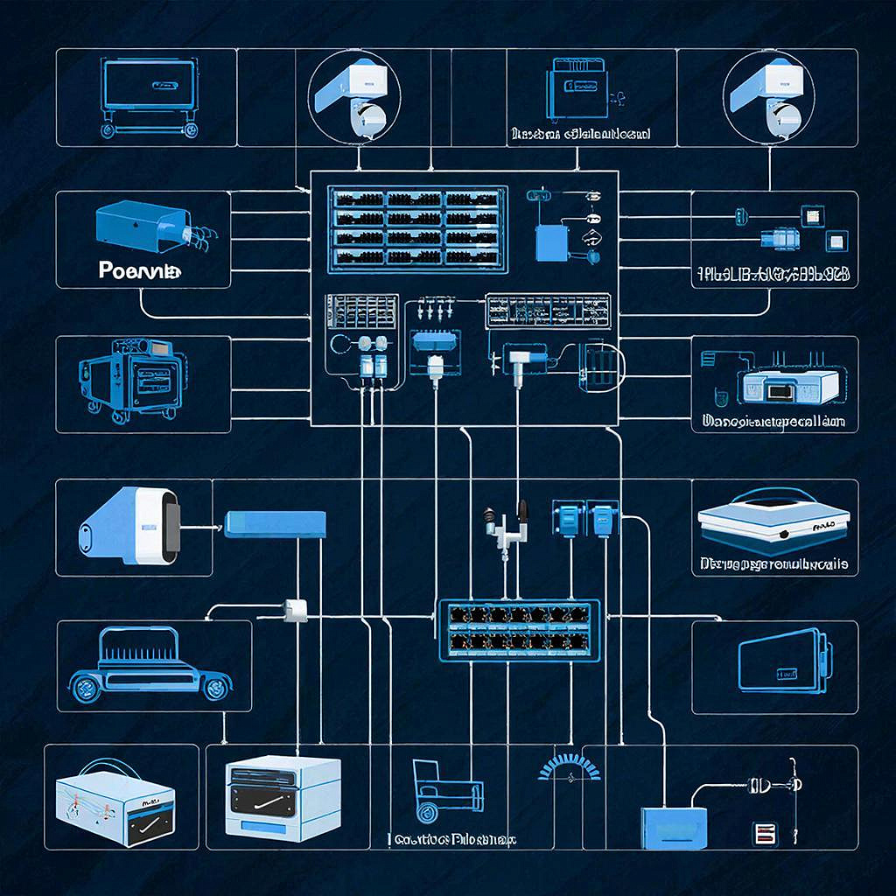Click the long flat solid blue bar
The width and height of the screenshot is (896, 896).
[x=276, y=524]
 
